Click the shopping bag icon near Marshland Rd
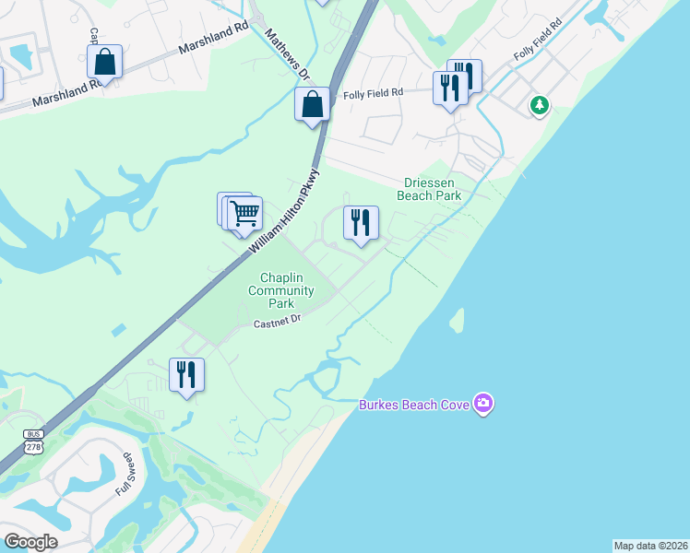105,63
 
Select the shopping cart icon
244,213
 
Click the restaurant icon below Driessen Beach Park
361,222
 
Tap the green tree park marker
540,106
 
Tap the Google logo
30,542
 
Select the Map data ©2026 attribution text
650,546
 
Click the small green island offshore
456,320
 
